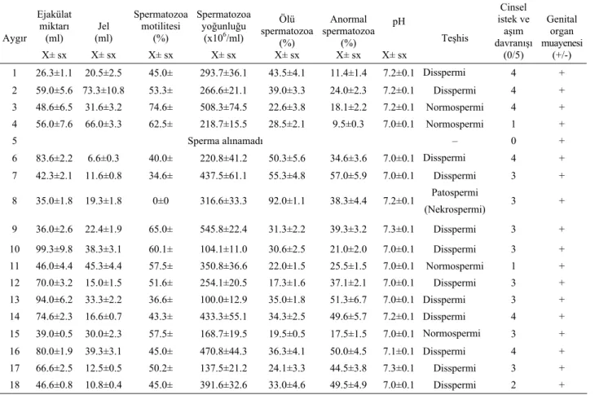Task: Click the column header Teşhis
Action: [x=455, y=38]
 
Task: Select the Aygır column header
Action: [x=15, y=38]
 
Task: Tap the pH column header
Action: [x=399, y=22]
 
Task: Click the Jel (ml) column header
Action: [x=104, y=33]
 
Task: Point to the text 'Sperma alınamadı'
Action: [x=225, y=141]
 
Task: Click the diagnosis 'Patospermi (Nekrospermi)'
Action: [x=455, y=201]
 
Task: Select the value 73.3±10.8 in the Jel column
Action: [x=104, y=90]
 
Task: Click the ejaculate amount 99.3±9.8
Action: [x=54, y=249]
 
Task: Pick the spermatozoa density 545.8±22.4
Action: [x=223, y=230]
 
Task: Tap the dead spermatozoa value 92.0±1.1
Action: [x=286, y=201]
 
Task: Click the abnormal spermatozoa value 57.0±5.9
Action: [x=348, y=176]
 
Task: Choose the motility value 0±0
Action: [x=161, y=201]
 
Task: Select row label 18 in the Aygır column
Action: [x=15, y=385]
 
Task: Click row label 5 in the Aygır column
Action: [x=15, y=141]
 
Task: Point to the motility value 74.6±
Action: [x=161, y=108]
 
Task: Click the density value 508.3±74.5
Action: [x=223, y=108]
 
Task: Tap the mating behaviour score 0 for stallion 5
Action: [x=513, y=141]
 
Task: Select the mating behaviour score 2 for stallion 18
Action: [x=513, y=385]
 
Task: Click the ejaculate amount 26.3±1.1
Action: [x=54, y=72]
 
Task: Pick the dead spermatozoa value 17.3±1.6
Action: [x=286, y=283]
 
